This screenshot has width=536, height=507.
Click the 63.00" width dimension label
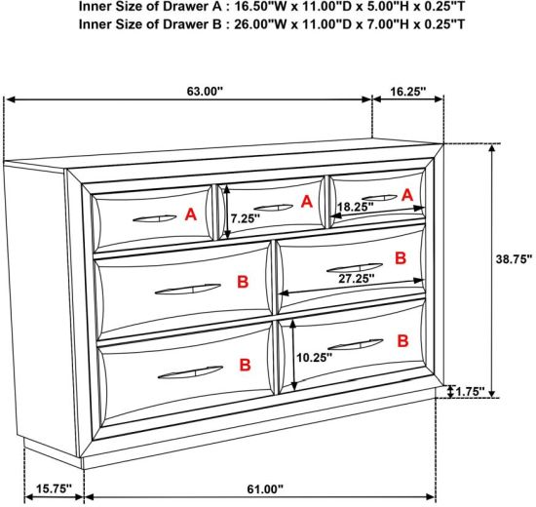(205, 92)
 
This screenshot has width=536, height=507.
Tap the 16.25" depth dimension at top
(408, 92)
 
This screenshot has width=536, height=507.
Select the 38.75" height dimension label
(515, 259)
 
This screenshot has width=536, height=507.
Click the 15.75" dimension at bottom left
(55, 488)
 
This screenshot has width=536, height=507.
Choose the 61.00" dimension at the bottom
(265, 489)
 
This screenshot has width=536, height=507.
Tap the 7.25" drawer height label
(245, 218)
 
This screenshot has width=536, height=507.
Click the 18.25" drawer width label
(356, 207)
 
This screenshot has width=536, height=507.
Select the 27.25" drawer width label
(357, 279)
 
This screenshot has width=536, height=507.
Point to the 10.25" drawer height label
(314, 358)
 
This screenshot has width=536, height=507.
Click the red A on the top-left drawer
(191, 214)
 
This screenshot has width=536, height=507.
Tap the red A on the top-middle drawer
(307, 202)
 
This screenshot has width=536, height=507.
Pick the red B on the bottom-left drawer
(245, 365)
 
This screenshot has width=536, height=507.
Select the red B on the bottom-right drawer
(403, 340)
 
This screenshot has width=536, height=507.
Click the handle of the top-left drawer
(155, 218)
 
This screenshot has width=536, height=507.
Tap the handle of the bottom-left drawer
(190, 372)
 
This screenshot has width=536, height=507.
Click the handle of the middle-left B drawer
(188, 289)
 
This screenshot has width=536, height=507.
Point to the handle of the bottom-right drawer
(356, 344)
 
